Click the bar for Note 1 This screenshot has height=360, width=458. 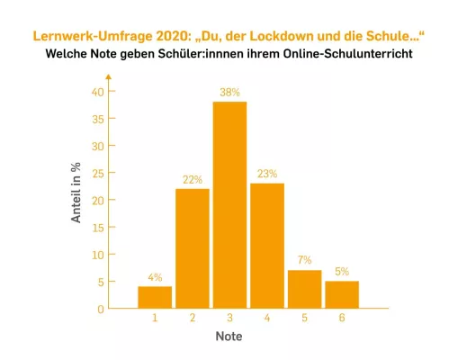[154, 297]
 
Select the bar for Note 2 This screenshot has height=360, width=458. [192, 248]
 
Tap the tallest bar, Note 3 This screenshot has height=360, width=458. [229, 205]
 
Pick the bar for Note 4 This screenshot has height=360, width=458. [266, 246]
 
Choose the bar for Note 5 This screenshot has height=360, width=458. [304, 289]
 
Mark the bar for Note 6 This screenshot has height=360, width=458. [342, 294]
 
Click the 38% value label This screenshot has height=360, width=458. [229, 92]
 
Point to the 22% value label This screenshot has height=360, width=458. [192, 179]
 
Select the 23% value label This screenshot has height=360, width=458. [266, 174]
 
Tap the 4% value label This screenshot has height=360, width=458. [154, 276]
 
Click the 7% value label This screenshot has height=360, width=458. [304, 260]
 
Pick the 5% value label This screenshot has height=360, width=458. [342, 271]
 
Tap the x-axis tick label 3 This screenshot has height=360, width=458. [229, 319]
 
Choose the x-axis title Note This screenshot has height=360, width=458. [229, 337]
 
